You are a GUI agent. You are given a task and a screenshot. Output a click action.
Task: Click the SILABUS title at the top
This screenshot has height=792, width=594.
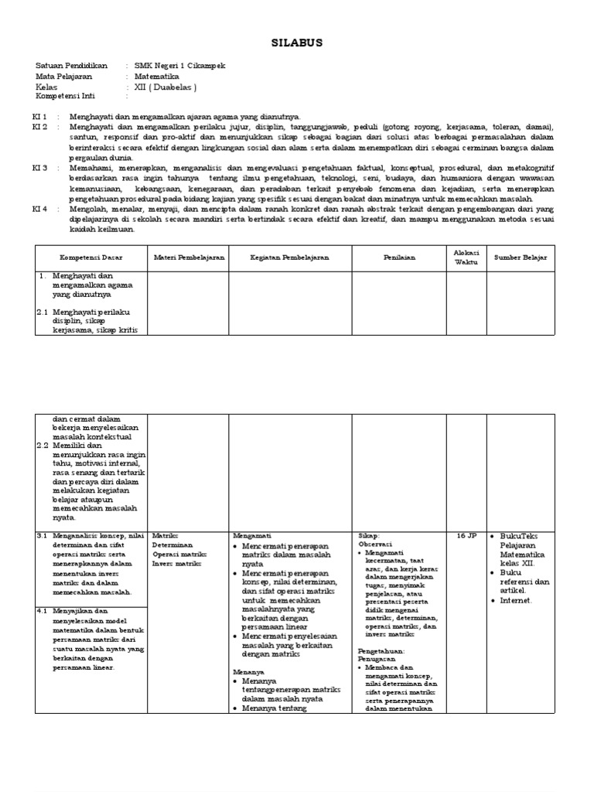coord(297,44)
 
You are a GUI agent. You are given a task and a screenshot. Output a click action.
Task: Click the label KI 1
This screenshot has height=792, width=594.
coord(40,116)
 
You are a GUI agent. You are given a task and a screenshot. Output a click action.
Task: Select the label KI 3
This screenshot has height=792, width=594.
coord(40,167)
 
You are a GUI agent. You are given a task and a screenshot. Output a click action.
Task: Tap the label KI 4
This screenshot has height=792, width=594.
coord(40,209)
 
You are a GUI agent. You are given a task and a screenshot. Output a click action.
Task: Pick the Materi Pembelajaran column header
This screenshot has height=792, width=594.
coord(189,257)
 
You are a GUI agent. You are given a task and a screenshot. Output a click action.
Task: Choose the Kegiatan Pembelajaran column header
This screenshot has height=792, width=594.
coord(289,257)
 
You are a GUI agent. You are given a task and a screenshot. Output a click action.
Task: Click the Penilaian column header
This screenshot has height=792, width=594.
coord(400,257)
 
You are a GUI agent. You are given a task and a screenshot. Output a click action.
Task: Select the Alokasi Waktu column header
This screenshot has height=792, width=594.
coord(466,257)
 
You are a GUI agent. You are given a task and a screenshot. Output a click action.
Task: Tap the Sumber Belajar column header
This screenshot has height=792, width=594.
coord(520,257)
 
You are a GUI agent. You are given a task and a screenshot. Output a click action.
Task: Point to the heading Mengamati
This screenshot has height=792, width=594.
coord(251,535)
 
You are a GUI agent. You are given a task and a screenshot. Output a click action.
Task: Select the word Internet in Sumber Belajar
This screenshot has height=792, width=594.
coord(517,599)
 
